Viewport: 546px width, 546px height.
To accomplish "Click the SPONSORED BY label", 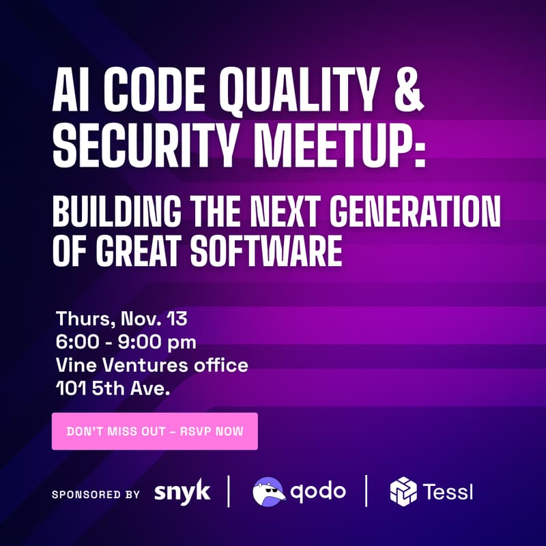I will tap(96, 493).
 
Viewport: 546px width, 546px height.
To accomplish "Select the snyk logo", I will tap(182, 491).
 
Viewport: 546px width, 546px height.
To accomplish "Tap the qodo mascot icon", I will tap(269, 491).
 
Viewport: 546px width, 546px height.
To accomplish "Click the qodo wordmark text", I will tap(319, 491).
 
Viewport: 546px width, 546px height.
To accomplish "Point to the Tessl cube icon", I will tap(403, 491).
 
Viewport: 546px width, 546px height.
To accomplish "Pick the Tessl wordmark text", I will tap(448, 491).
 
